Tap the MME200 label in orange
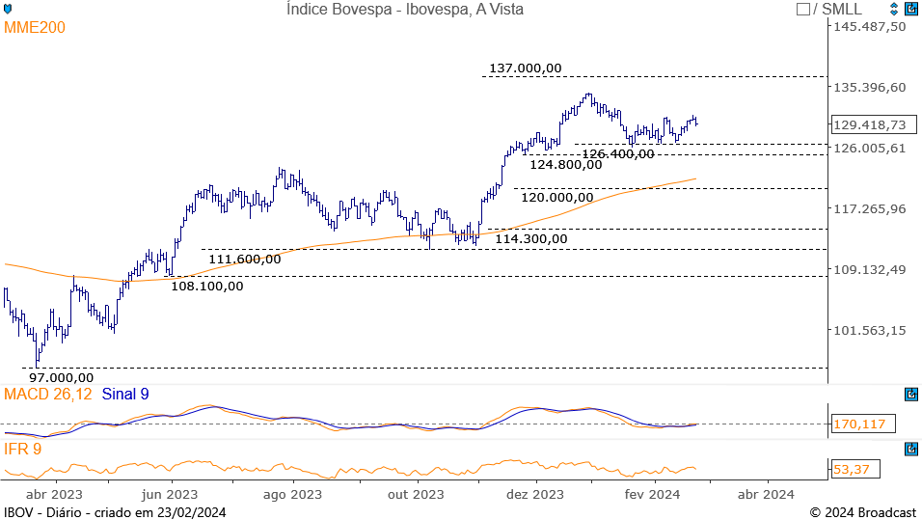(x=35, y=28)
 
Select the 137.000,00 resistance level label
(x=525, y=68)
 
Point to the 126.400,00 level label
(x=617, y=153)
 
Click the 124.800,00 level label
(x=566, y=164)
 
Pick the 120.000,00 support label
(x=557, y=197)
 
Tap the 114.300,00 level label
(x=531, y=238)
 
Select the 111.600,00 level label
(x=245, y=259)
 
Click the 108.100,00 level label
(x=207, y=285)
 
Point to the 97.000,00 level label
(x=61, y=377)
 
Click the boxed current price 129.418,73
(x=869, y=124)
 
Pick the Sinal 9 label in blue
(x=125, y=394)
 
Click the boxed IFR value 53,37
(x=848, y=469)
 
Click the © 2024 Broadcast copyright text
(x=862, y=512)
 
